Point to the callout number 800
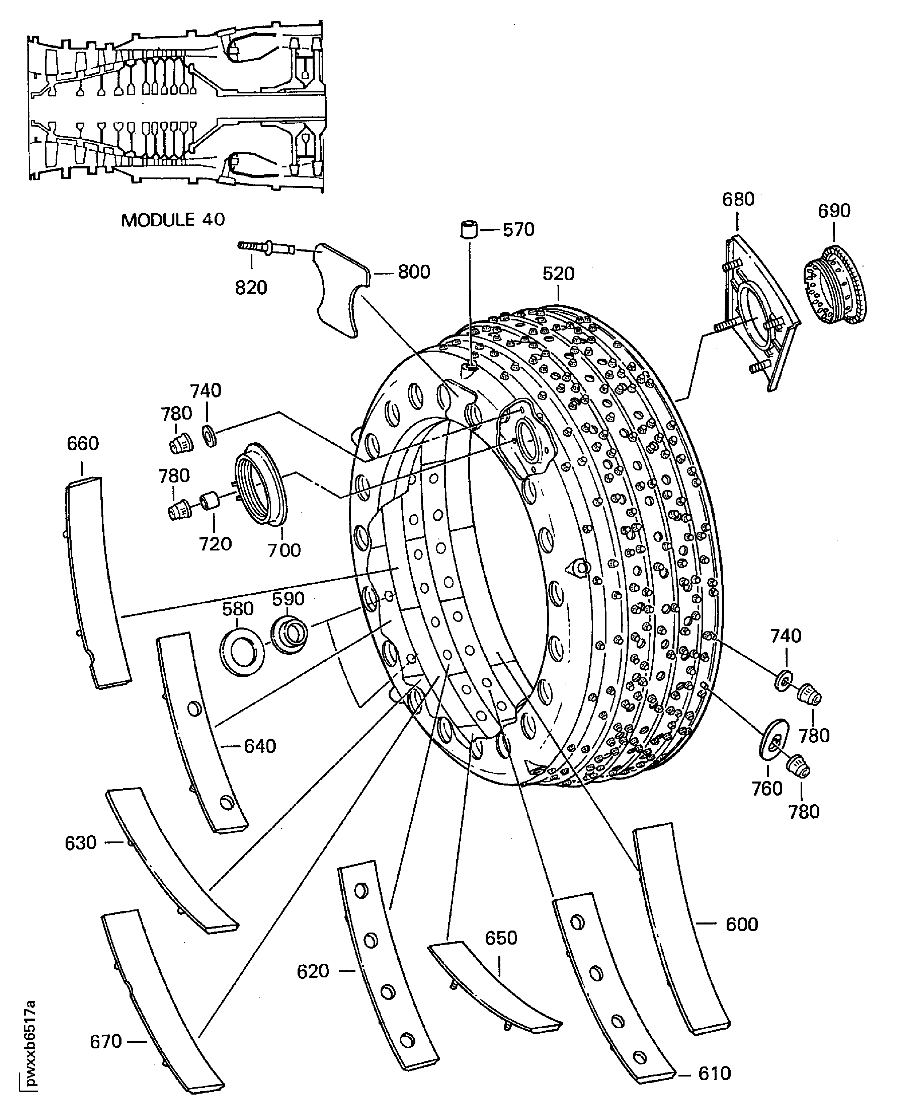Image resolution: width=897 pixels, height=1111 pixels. [x=414, y=272]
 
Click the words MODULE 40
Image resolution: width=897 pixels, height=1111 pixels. [x=173, y=220]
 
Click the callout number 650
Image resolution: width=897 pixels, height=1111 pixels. [x=501, y=938]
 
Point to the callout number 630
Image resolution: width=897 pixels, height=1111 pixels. [x=81, y=843]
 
